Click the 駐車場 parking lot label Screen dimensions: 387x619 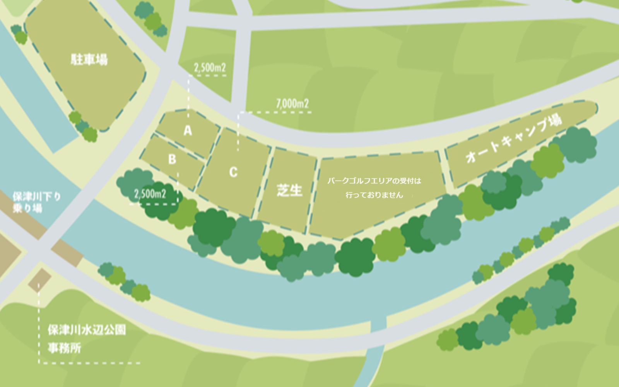point(89,59)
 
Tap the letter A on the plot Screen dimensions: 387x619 point(188,131)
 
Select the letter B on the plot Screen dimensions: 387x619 point(172,159)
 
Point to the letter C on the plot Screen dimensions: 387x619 point(233,172)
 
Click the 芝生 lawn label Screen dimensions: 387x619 point(289,190)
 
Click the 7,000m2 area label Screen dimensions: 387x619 point(292,103)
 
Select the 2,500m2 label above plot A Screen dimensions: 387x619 point(210,68)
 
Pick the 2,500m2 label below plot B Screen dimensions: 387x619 point(150,193)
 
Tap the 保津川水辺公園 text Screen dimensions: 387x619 point(87,330)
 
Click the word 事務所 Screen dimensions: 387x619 point(64,348)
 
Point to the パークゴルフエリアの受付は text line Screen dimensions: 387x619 point(374,181)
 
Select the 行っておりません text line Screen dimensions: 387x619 point(374,195)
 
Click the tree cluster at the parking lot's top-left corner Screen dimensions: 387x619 point(19,34)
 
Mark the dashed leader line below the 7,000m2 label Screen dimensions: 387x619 point(238,132)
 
